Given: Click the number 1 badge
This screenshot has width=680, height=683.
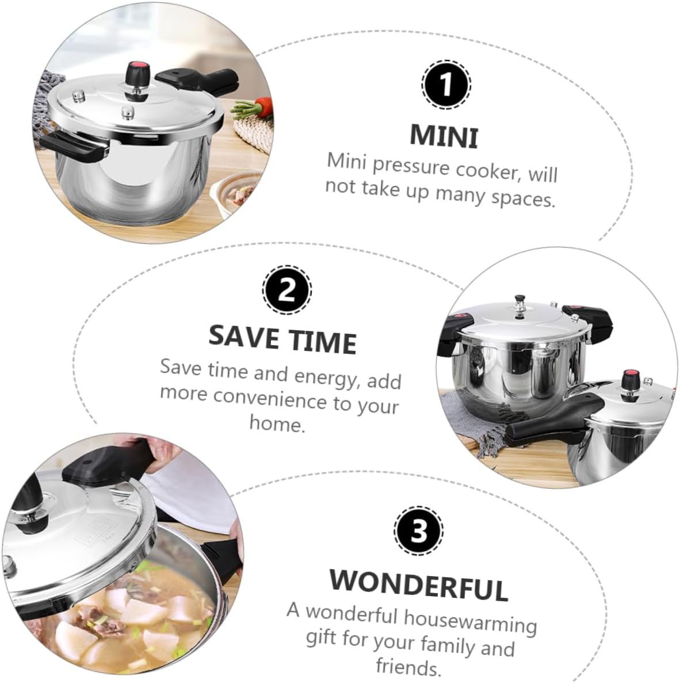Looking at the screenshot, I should coord(446,85).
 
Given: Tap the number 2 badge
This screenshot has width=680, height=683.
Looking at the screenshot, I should coord(286,289).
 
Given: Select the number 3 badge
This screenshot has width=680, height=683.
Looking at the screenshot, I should coord(418,531).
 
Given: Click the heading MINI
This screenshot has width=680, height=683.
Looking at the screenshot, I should coord(444,136).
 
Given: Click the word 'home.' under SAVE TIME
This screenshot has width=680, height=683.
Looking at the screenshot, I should coord(277,424).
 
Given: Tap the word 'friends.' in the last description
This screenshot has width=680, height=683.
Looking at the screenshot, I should coord(408,667).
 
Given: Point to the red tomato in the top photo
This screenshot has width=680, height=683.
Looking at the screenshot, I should coord(264,105).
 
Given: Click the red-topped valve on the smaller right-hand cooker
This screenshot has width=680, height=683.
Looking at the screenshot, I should coord(631,380).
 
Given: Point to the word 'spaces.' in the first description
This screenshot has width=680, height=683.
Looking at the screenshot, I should coord(523,198).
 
